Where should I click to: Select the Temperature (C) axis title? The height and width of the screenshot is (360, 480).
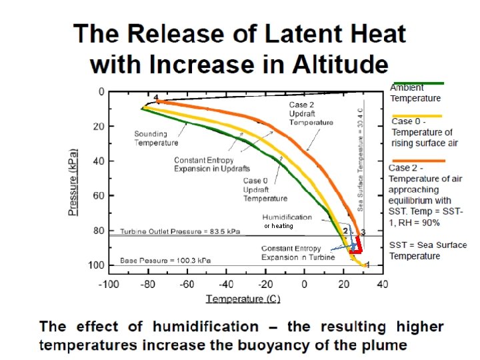(x=243, y=299)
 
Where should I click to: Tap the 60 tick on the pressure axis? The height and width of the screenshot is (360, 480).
(x=99, y=196)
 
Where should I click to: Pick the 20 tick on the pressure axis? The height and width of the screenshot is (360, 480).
(x=99, y=127)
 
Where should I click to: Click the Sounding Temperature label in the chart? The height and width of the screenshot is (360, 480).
(x=156, y=138)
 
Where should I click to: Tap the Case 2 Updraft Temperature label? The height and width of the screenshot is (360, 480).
(x=311, y=113)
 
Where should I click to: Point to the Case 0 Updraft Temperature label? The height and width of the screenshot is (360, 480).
(x=265, y=189)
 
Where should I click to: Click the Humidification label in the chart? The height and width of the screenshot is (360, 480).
(x=286, y=217)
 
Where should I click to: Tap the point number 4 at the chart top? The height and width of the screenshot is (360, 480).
(x=156, y=97)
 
